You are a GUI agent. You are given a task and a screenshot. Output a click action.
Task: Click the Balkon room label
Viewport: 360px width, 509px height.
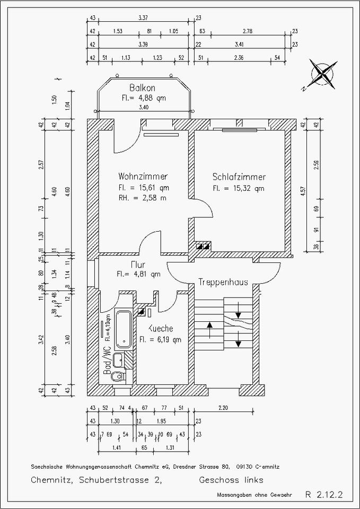[x=143, y=87]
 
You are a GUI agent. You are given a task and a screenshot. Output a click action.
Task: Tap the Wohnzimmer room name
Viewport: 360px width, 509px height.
[x=143, y=177]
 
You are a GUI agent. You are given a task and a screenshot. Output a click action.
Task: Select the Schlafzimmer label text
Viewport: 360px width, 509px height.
[x=239, y=177]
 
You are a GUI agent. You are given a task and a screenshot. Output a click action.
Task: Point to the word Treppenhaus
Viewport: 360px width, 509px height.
[x=223, y=283]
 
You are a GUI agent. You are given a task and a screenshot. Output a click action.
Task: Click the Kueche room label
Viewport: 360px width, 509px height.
[x=161, y=328]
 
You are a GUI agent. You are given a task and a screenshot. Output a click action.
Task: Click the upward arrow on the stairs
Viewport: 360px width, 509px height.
[x=210, y=331]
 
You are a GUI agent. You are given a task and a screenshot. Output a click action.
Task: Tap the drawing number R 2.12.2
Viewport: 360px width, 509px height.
[x=324, y=495]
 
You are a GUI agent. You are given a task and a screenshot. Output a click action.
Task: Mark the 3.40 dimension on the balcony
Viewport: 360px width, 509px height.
[x=143, y=107]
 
